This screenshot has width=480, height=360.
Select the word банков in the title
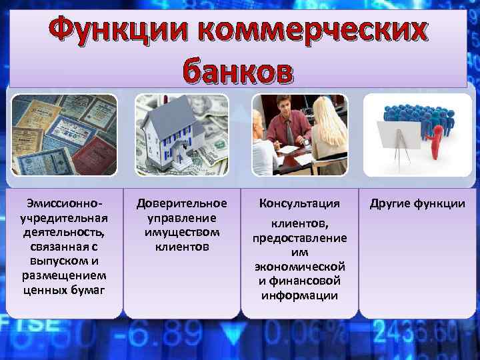point(237,71)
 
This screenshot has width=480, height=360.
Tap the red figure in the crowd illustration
point(437,140)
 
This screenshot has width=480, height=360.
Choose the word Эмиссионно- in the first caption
point(64,203)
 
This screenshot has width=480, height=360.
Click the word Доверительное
point(182,203)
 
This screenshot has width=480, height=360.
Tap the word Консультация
point(299,203)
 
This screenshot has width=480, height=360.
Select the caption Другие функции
point(418,203)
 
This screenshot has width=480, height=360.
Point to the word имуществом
point(182,232)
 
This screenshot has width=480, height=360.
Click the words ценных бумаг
point(64,290)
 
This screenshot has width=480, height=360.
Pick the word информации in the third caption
point(299,295)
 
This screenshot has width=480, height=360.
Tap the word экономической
point(299,266)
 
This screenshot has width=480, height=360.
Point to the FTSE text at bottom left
point(20,323)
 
